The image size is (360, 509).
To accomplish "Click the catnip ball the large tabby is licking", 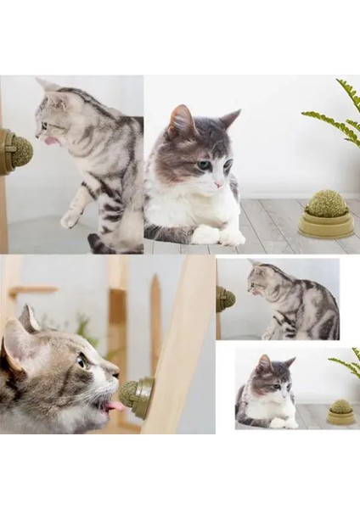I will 20,151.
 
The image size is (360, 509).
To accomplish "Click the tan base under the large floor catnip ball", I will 325,226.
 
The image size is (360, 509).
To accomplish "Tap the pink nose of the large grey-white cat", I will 218,183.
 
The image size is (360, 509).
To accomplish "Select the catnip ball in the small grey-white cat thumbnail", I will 341,407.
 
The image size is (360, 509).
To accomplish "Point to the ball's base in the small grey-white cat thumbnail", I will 341,418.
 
